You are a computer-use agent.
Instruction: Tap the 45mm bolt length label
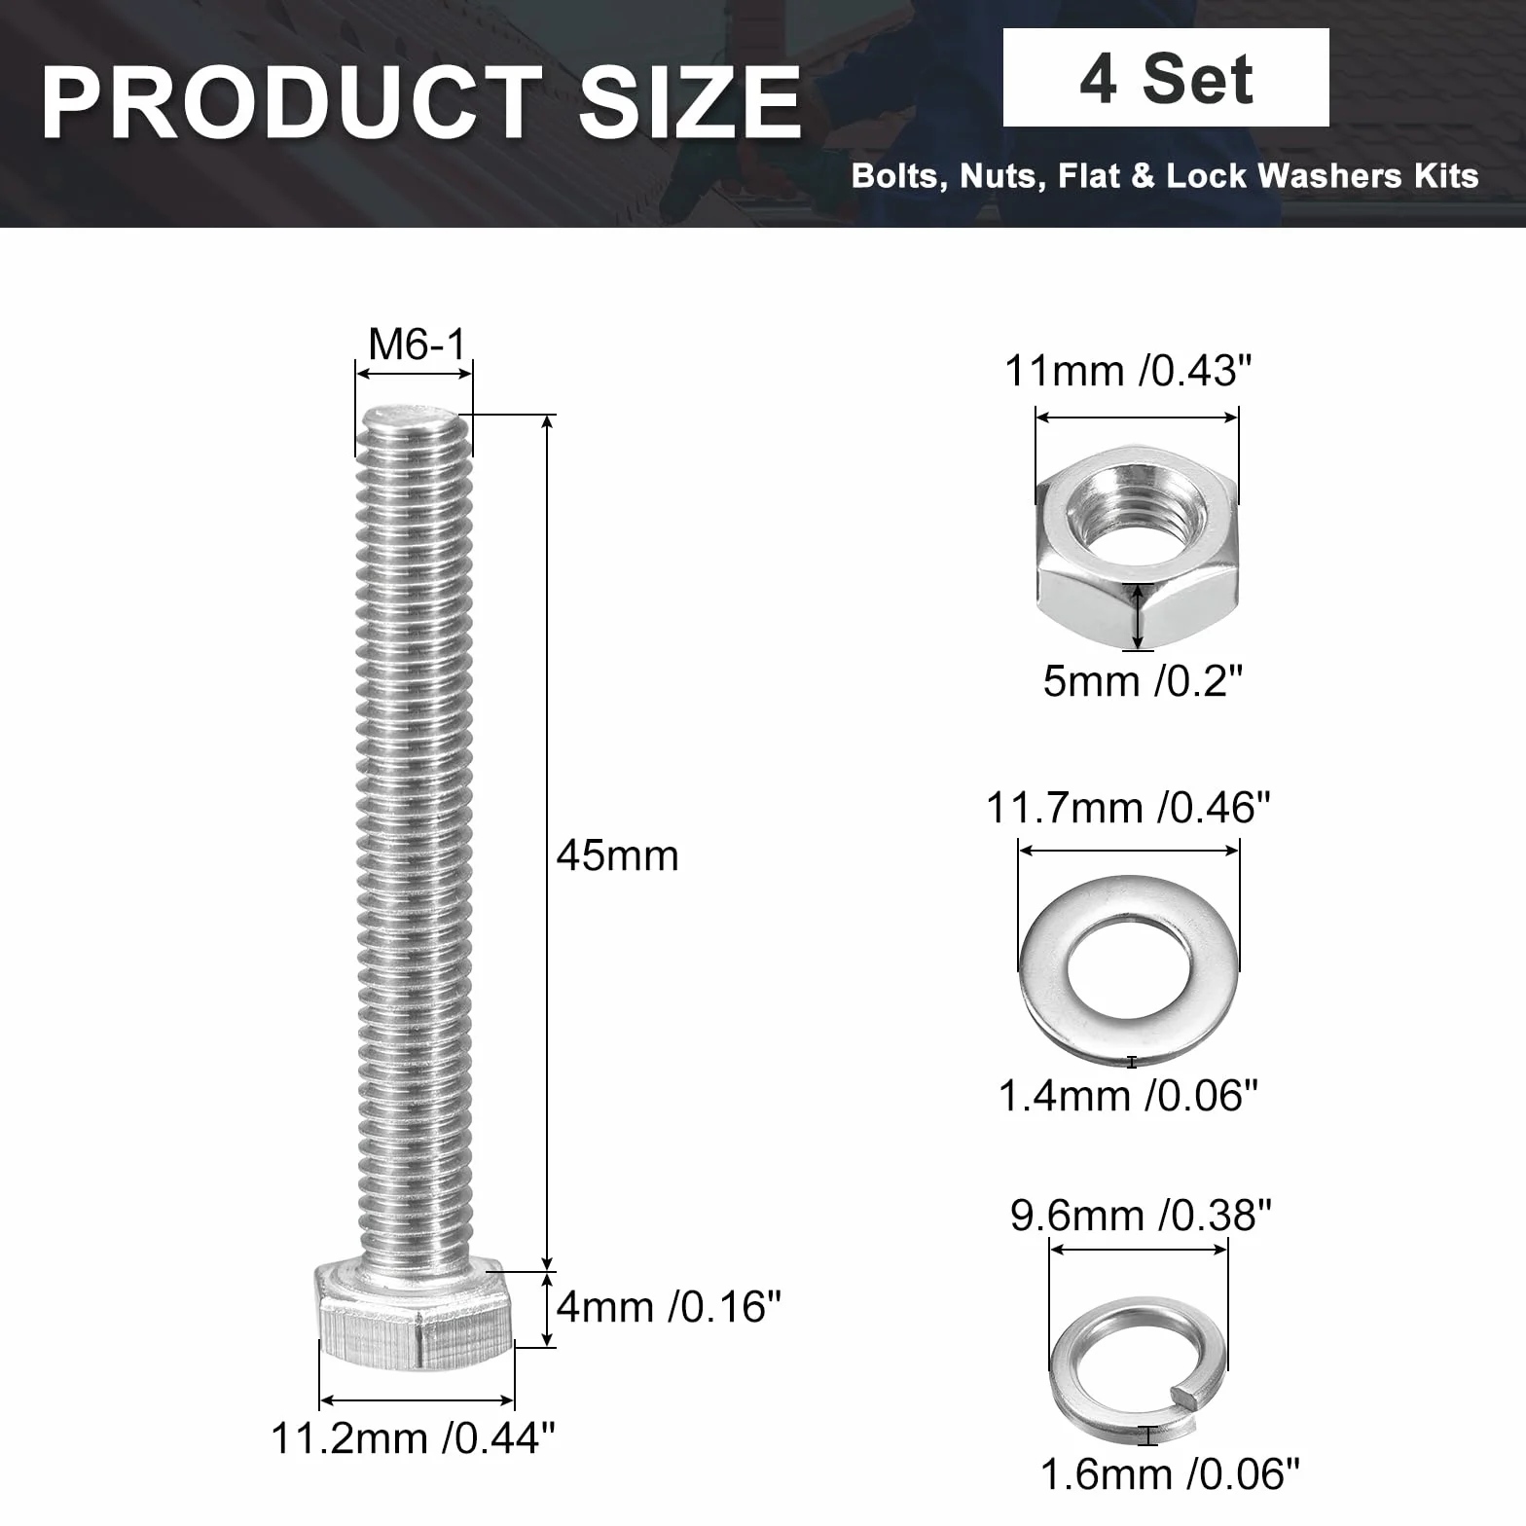(618, 855)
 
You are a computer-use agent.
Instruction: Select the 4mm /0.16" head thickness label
(670, 1306)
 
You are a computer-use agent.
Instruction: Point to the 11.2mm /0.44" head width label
(414, 1437)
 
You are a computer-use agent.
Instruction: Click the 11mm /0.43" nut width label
(1128, 371)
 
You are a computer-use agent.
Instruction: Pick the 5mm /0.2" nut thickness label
(1144, 681)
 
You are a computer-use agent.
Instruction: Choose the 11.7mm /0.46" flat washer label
(1129, 808)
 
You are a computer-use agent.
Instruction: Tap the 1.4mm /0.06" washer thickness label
(1129, 1096)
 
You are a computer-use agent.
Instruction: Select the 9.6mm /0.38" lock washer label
(1142, 1216)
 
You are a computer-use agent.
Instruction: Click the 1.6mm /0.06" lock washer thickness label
(1171, 1474)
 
